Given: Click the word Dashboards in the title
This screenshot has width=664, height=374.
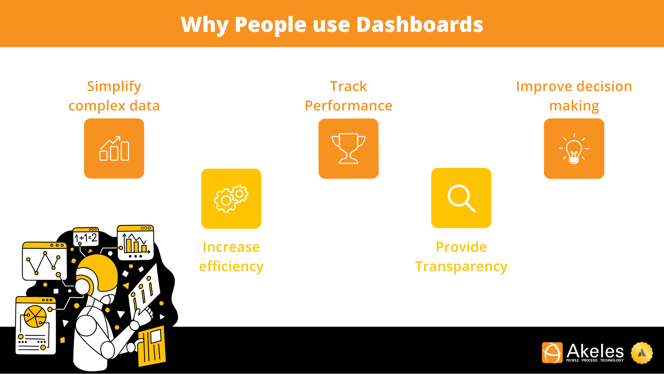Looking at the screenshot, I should pyautogui.click(x=419, y=25).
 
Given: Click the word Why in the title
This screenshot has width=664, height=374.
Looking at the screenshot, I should pyautogui.click(x=204, y=25).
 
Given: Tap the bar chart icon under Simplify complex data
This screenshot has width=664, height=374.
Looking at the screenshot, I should pyautogui.click(x=114, y=149).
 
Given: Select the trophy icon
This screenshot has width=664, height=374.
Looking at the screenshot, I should pyautogui.click(x=348, y=149).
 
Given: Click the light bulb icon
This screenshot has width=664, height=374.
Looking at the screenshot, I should pyautogui.click(x=574, y=149).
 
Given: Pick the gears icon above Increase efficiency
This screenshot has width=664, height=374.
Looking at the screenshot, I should pyautogui.click(x=231, y=198).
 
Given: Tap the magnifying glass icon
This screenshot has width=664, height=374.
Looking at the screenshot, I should pyautogui.click(x=461, y=198).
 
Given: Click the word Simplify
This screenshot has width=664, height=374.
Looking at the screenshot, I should pyautogui.click(x=114, y=86).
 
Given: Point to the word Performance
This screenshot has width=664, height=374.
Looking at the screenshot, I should pyautogui.click(x=348, y=106).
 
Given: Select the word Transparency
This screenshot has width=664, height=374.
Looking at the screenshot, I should pyautogui.click(x=461, y=266).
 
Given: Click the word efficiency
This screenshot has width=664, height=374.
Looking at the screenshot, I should pyautogui.click(x=231, y=266).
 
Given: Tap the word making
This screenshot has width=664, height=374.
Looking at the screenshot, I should pyautogui.click(x=574, y=106).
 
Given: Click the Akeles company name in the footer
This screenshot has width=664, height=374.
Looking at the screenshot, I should pyautogui.click(x=595, y=351).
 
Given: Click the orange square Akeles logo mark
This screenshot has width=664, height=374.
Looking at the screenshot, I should pyautogui.click(x=552, y=353).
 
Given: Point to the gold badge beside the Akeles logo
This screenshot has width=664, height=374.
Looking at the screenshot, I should pyautogui.click(x=642, y=353).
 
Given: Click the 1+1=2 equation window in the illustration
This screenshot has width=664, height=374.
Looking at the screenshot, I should pyautogui.click(x=86, y=237).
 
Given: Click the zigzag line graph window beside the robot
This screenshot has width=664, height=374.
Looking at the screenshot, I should pyautogui.click(x=44, y=261).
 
